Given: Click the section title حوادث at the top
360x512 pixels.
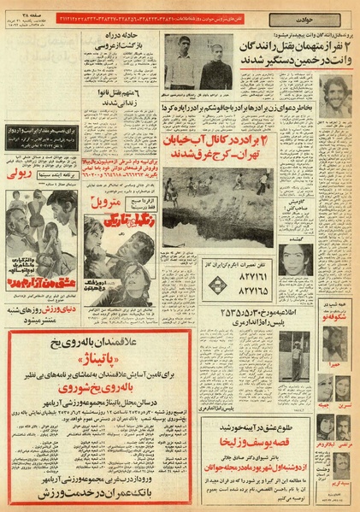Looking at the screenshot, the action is click(180, 8).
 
